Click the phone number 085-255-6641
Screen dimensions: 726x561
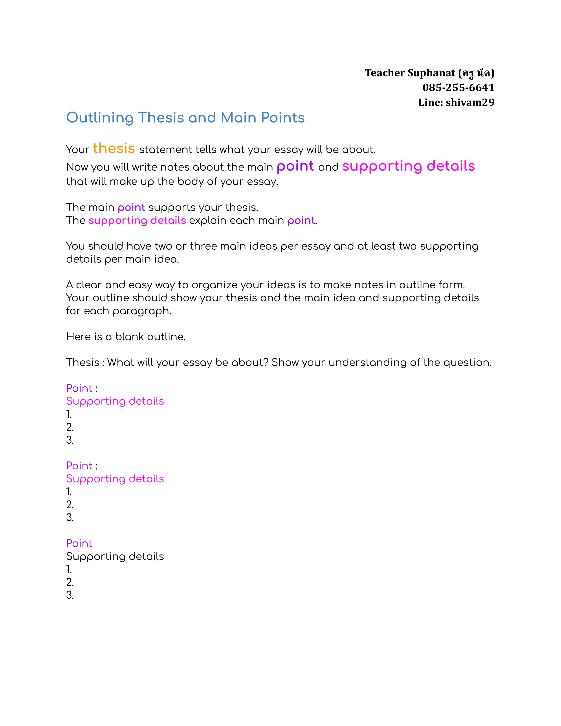tap(458, 88)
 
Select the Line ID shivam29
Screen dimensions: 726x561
tap(470, 102)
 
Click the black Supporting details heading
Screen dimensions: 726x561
tap(115, 556)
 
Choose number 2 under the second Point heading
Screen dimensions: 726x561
tap(70, 505)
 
